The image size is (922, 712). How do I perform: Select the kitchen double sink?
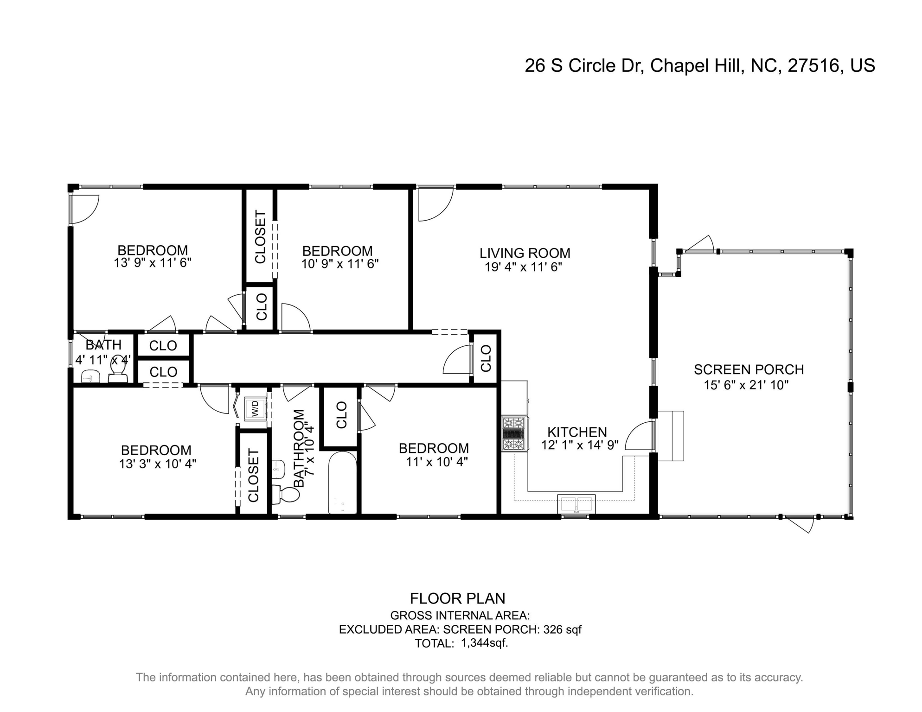point(576,504)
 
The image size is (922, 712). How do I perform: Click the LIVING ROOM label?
point(525,253)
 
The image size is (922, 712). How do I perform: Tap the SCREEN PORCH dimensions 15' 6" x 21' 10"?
point(746,385)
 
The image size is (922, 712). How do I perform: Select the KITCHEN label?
point(577,432)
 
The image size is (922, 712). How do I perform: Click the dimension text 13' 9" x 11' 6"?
point(153,263)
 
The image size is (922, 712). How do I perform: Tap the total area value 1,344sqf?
point(485,643)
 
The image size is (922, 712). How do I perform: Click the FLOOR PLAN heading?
point(457,598)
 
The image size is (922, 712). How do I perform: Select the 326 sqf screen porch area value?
point(562,629)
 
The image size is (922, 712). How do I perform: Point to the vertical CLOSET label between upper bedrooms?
point(260,236)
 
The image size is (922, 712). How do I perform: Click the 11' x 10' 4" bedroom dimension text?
point(437,462)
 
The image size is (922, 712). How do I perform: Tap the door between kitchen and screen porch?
point(640,436)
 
